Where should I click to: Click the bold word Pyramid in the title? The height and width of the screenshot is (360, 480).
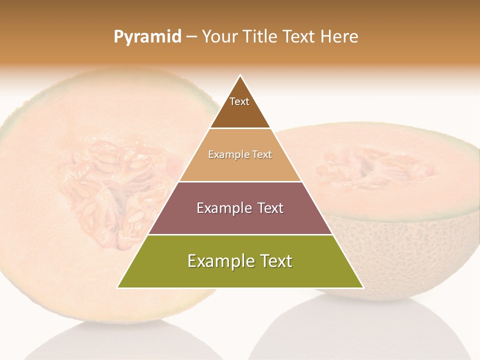tap(147, 37)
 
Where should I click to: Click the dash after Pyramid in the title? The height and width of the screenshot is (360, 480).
tap(191, 37)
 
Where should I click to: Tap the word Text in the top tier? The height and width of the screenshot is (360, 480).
tap(239, 101)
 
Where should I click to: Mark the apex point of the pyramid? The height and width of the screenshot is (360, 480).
tap(240, 75)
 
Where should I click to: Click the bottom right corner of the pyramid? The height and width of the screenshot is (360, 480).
tap(363, 287)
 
